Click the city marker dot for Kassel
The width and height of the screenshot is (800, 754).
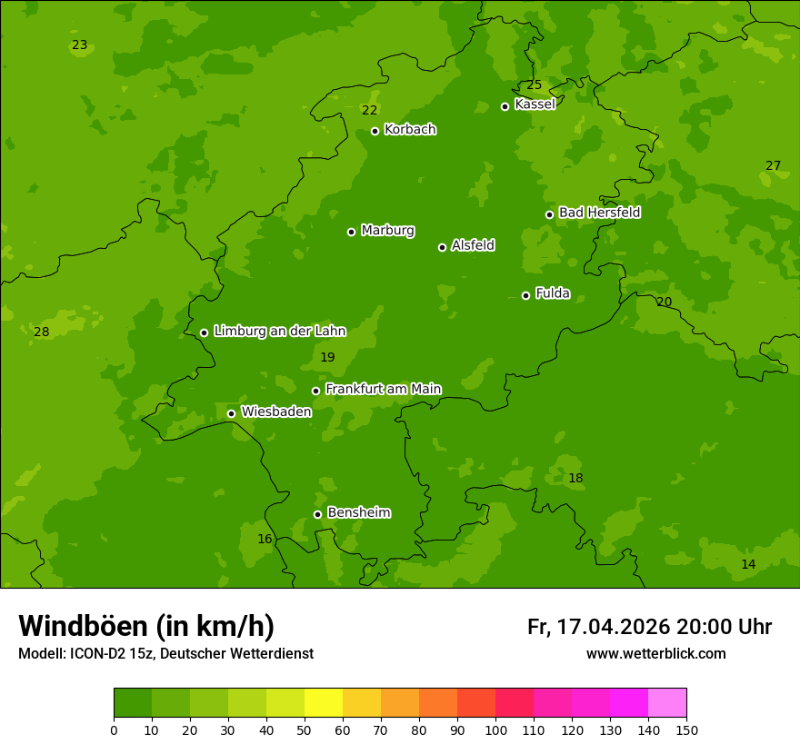505,106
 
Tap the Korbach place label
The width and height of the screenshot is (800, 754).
410,130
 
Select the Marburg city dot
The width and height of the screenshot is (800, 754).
351,232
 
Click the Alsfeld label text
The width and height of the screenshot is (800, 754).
473,245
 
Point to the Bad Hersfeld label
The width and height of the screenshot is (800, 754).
599,213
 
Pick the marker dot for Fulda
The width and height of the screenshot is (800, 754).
525,295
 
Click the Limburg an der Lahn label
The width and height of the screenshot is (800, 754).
280,332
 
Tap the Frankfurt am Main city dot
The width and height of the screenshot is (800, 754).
316,391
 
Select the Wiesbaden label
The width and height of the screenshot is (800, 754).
276,412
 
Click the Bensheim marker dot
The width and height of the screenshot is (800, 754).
317,514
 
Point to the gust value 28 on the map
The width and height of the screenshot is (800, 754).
42,332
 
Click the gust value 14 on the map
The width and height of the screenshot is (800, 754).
748,564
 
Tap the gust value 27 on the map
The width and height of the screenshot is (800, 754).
773,165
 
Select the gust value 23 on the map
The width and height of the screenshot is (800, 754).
80,45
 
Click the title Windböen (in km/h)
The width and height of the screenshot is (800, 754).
146,626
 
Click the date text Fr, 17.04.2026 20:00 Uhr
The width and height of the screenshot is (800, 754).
649,627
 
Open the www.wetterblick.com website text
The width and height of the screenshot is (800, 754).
655,654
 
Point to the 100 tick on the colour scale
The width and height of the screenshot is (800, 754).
495,729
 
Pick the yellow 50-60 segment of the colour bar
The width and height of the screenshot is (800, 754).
324,703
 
